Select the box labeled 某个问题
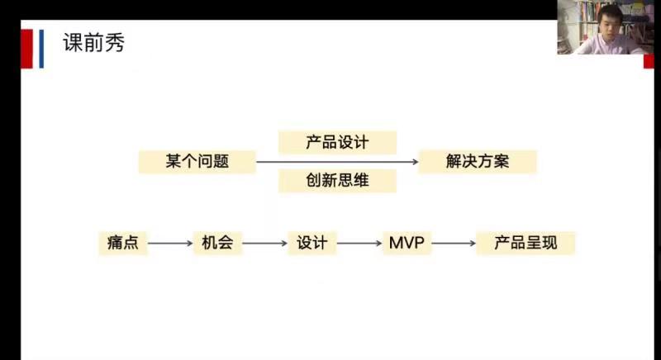tap(196, 162)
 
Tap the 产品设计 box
tap(337, 142)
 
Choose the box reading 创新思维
tap(337, 181)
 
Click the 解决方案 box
tap(478, 162)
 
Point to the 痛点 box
tap(122, 243)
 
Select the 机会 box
tap(217, 243)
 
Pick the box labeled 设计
tap(312, 243)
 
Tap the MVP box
tap(407, 243)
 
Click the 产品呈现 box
tap(525, 243)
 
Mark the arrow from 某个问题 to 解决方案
tap(337, 162)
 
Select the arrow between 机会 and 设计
tap(264, 244)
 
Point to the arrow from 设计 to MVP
tap(359, 244)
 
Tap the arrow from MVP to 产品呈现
tap(454, 244)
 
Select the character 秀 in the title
tap(114, 44)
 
